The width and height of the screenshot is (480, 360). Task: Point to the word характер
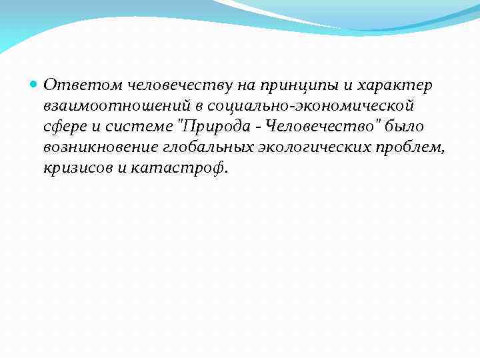(x=395, y=85)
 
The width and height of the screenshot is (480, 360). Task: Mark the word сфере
(x=61, y=127)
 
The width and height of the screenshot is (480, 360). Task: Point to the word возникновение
(x=90, y=147)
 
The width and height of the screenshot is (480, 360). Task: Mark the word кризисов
(x=72, y=168)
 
